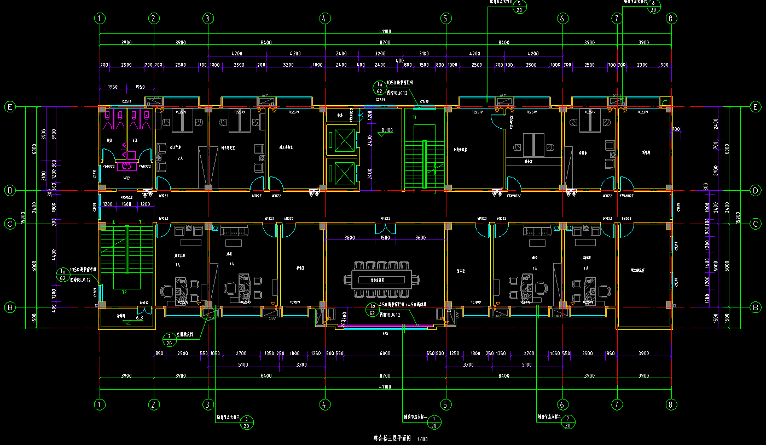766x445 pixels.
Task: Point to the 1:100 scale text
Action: click(422, 439)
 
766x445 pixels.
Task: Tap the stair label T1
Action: click(414, 117)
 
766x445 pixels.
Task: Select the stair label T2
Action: click(125, 293)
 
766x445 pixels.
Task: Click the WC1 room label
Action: click(126, 179)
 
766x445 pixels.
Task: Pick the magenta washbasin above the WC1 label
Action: click(127, 166)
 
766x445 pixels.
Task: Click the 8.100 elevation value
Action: click(386, 130)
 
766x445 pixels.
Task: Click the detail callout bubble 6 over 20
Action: click(653, 6)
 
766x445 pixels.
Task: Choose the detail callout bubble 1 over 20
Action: click(434, 421)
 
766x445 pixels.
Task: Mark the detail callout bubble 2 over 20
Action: click(567, 421)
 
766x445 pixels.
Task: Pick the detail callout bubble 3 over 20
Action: click(246, 421)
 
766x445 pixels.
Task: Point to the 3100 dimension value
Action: click(423, 54)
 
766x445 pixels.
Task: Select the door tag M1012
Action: click(144, 303)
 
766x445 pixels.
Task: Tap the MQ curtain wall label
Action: click(385, 333)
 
